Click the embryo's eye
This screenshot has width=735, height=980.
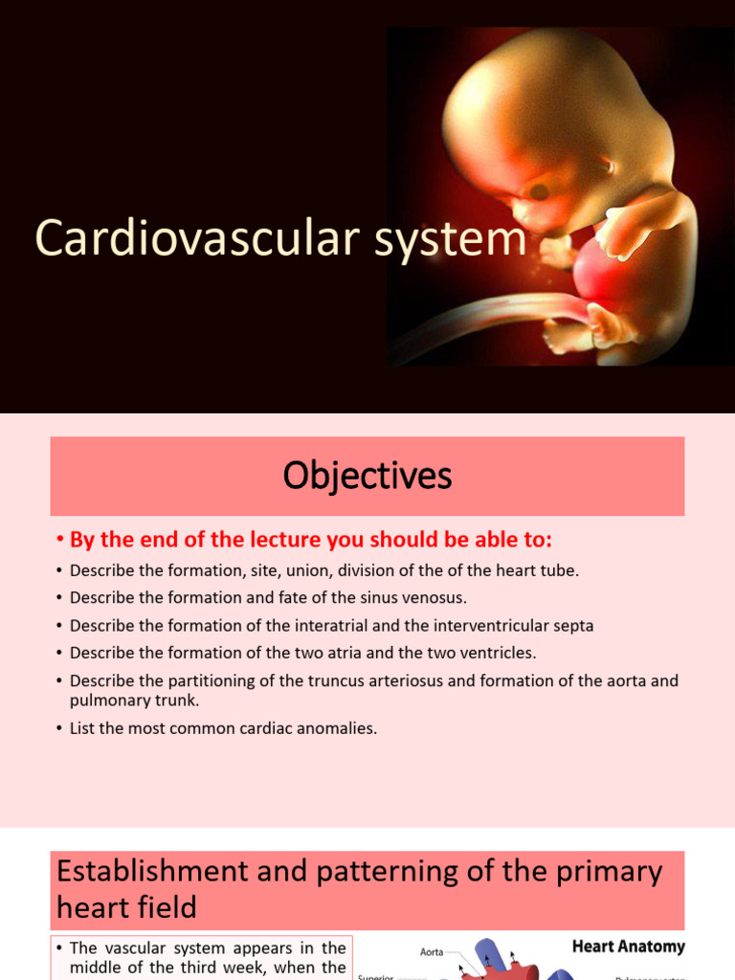point(540,191)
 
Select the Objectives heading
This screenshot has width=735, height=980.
point(367,476)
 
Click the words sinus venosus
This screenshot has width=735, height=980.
point(390,598)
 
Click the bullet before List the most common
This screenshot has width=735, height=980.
point(59,729)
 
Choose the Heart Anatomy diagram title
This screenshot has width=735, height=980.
point(628,947)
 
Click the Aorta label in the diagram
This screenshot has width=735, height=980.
point(432,952)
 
